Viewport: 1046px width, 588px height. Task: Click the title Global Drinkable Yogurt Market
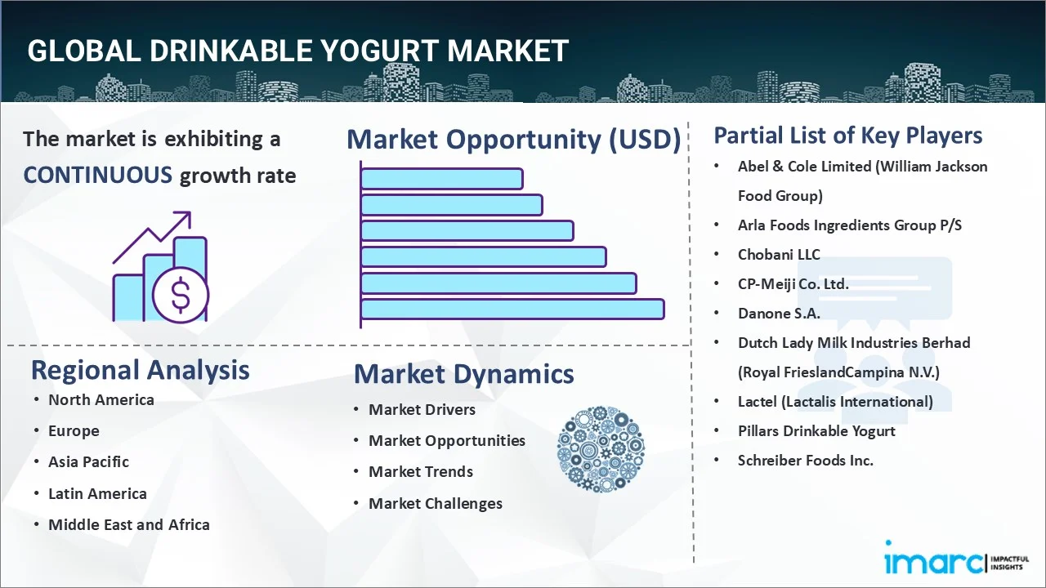(x=297, y=51)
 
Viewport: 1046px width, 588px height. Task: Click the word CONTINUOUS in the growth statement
(x=97, y=175)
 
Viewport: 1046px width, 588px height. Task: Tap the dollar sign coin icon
(x=181, y=295)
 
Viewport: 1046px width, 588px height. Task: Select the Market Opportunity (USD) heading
(x=513, y=140)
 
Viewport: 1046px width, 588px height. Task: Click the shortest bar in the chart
(x=441, y=178)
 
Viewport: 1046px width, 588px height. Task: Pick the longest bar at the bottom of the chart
(x=512, y=309)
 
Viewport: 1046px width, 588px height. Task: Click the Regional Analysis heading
(x=140, y=370)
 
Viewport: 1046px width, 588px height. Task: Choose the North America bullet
(x=101, y=399)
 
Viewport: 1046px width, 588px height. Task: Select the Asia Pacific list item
(x=88, y=461)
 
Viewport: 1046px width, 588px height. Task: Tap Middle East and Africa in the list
(x=128, y=524)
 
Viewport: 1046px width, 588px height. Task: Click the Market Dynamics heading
(x=463, y=374)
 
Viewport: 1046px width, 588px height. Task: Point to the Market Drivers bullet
(x=422, y=409)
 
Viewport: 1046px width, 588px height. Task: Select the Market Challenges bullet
(x=435, y=503)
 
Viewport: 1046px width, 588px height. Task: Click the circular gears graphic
(x=601, y=449)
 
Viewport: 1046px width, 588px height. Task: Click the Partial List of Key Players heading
(x=847, y=135)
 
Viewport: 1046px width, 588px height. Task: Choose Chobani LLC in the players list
(x=778, y=254)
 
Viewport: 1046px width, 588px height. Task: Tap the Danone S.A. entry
(x=778, y=313)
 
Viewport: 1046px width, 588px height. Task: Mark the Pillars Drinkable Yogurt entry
(x=816, y=430)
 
